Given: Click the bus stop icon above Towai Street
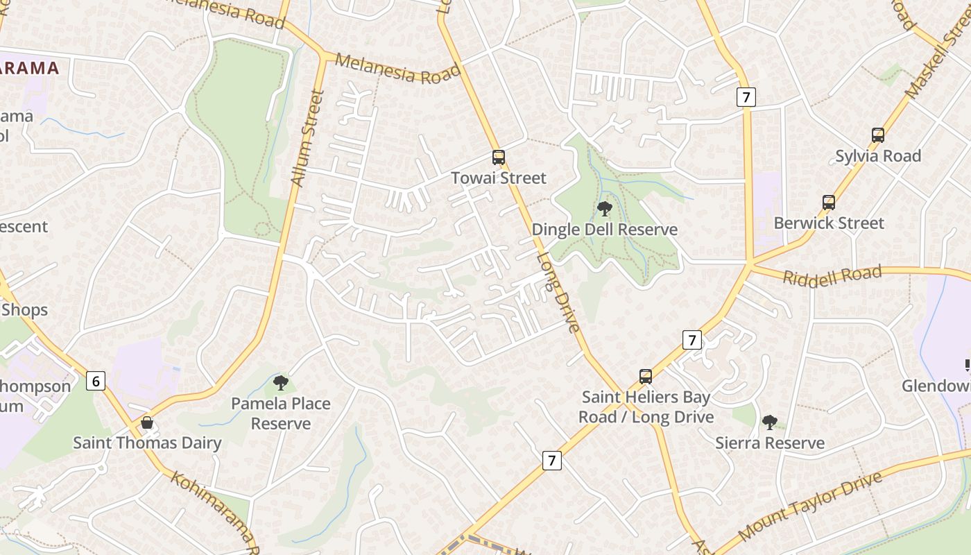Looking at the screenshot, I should [x=498, y=157].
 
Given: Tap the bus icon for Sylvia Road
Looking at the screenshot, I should [x=877, y=135].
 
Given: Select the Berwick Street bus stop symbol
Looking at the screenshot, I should [x=828, y=203].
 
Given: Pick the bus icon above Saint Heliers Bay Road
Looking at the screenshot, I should [x=645, y=377].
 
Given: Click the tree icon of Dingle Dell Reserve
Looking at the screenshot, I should [x=604, y=208].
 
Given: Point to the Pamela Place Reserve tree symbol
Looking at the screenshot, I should [x=280, y=382].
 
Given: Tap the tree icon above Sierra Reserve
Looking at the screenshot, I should [x=769, y=422].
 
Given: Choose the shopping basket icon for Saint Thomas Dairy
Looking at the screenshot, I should [x=147, y=422].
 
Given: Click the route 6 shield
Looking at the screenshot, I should [x=96, y=380].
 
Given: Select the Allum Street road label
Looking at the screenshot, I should [x=307, y=139].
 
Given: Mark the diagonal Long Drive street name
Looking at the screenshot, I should [x=558, y=291].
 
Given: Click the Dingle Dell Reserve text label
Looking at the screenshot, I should [x=604, y=230].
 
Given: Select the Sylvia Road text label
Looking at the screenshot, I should [x=877, y=156].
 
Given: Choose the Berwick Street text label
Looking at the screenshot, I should [x=828, y=223].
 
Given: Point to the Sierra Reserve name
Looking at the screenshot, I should [x=769, y=443].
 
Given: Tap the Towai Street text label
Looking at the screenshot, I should [x=498, y=178].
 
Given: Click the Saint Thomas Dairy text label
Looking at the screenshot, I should [x=147, y=443].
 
